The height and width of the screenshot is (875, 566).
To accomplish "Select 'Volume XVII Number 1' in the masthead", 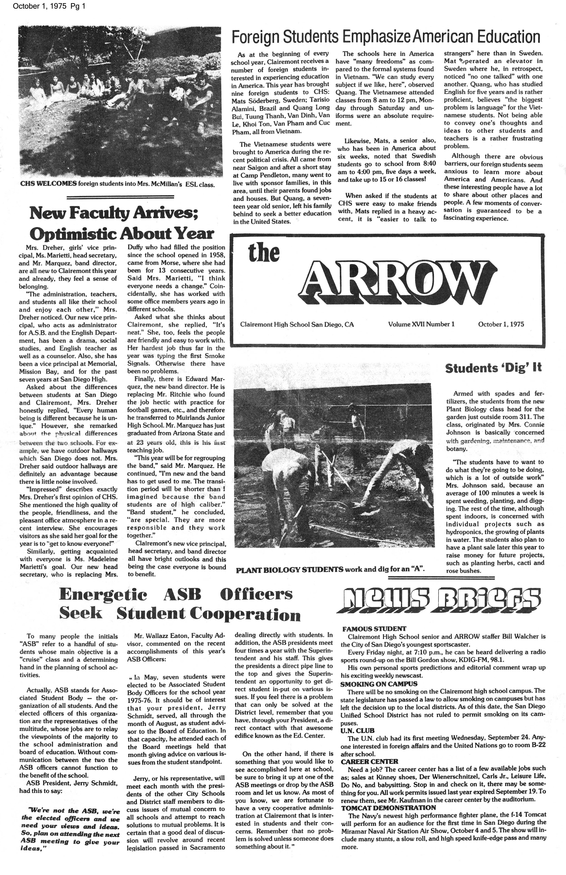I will coord(421,324).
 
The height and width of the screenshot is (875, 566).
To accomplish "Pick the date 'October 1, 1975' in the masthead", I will coord(501,324).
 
